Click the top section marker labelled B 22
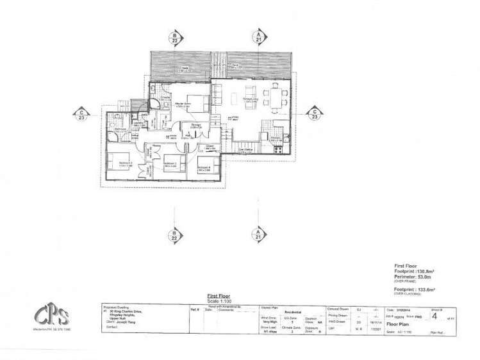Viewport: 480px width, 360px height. (174, 37)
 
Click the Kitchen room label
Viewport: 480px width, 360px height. (276, 139)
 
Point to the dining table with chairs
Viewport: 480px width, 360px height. (277, 97)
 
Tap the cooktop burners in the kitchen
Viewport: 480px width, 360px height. (278, 151)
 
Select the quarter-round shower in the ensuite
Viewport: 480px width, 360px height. (156, 106)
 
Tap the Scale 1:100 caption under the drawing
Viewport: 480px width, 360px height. (220, 300)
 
